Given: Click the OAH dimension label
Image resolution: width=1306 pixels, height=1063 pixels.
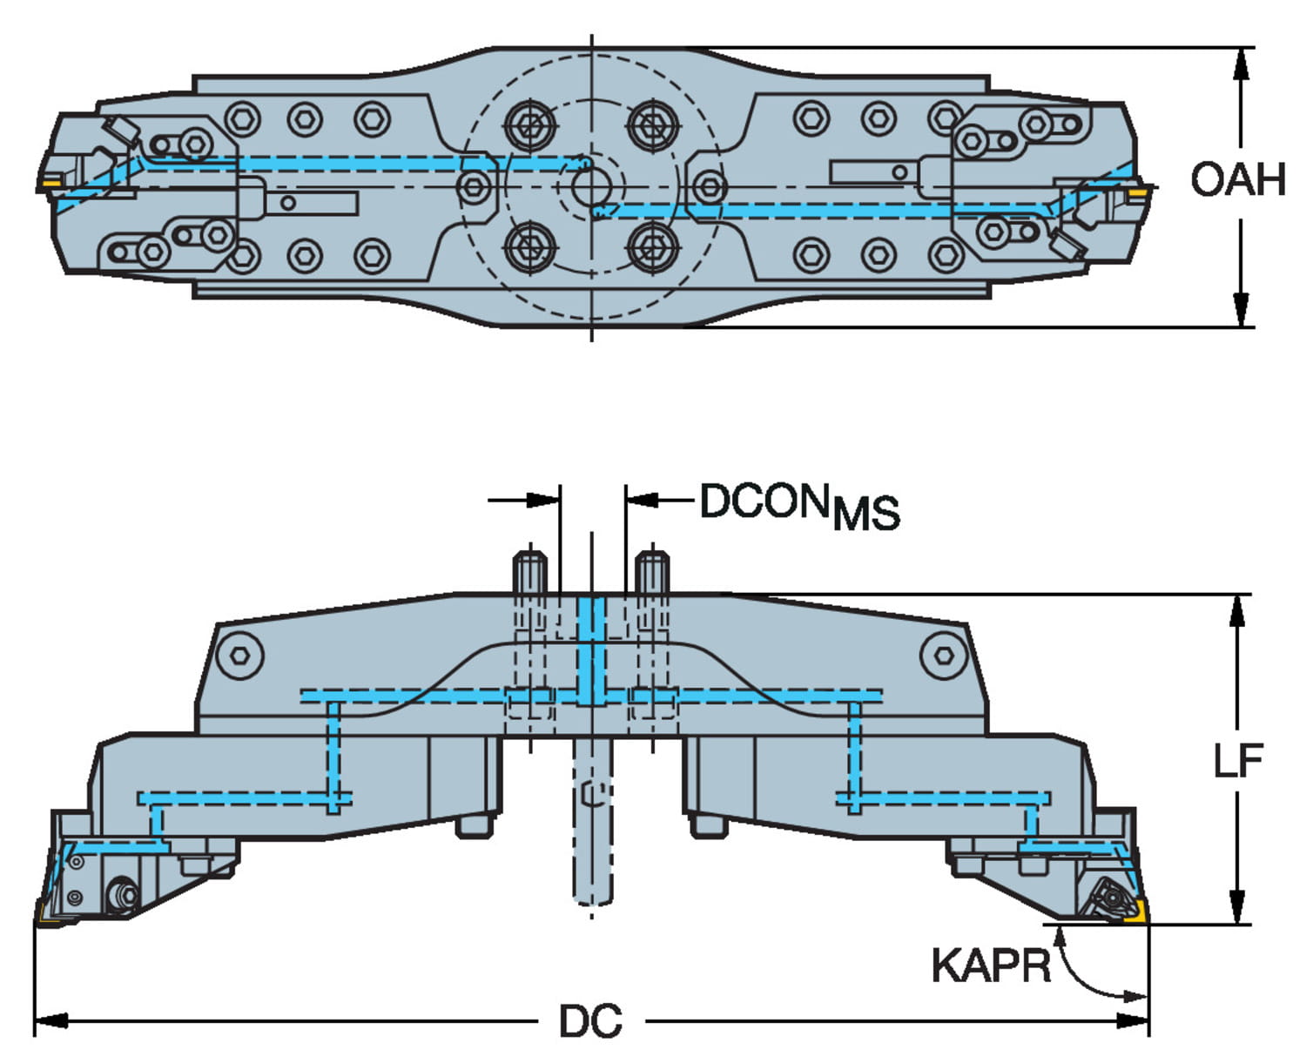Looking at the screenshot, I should pyautogui.click(x=1237, y=179).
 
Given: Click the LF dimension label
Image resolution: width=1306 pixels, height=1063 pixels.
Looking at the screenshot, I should pyautogui.click(x=1238, y=761).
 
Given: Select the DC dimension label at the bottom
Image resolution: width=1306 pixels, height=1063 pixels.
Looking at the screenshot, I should pyautogui.click(x=590, y=1021).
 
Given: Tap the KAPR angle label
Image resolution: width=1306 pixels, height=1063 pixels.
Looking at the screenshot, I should pyautogui.click(x=991, y=965).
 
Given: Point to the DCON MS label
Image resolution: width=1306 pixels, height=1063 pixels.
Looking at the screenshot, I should pyautogui.click(x=798, y=506).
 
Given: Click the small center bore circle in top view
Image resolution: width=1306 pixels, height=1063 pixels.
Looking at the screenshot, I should pyautogui.click(x=591, y=186).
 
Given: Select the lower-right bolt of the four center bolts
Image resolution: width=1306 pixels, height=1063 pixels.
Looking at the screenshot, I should pyautogui.click(x=653, y=247).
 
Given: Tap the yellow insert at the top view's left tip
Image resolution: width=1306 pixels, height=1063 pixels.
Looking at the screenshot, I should pyautogui.click(x=49, y=181).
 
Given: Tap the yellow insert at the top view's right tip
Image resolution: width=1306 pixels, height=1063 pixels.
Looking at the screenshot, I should pyautogui.click(x=1135, y=190).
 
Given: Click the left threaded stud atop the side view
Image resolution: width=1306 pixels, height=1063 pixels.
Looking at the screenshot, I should pyautogui.click(x=529, y=572).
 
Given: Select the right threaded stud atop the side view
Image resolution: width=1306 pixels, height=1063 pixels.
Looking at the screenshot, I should pyautogui.click(x=652, y=572).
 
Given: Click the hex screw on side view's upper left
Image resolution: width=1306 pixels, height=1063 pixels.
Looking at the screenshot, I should pyautogui.click(x=240, y=655).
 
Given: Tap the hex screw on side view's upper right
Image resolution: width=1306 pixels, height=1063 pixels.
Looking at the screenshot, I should pyautogui.click(x=942, y=655).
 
